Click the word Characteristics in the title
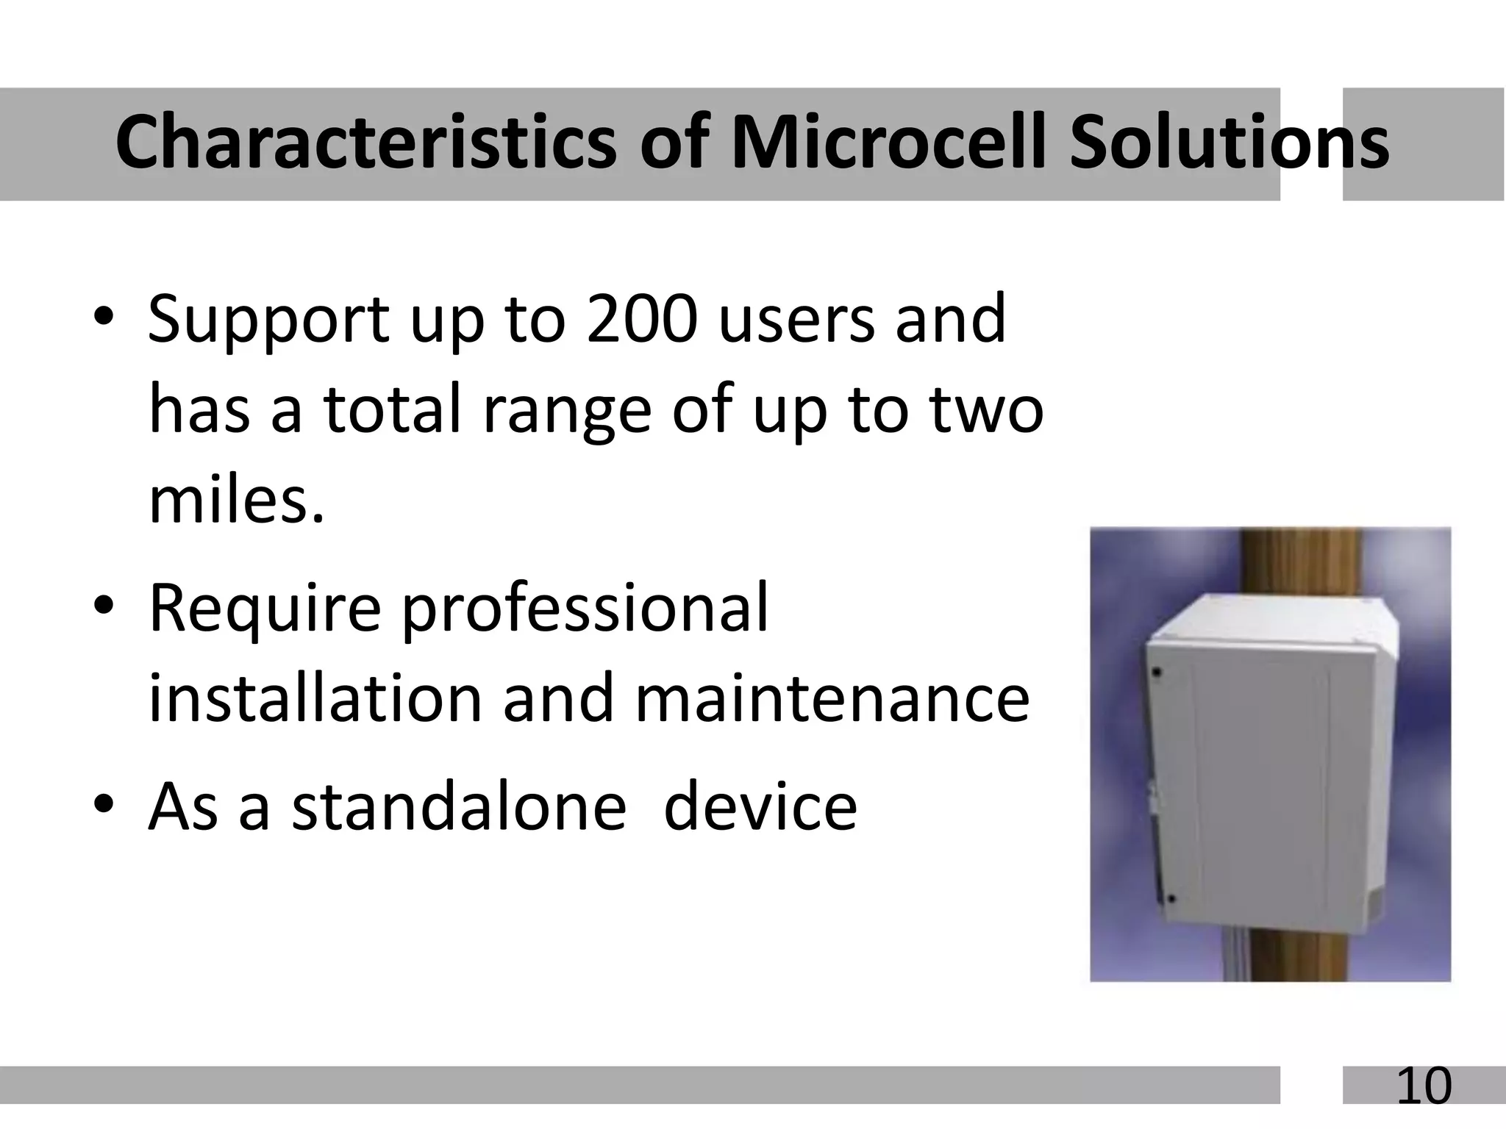click(365, 143)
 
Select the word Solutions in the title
click(1228, 143)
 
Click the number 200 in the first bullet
click(641, 319)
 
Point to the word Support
click(268, 320)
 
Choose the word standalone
click(459, 807)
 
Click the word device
click(760, 807)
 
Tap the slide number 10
click(1424, 1086)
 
